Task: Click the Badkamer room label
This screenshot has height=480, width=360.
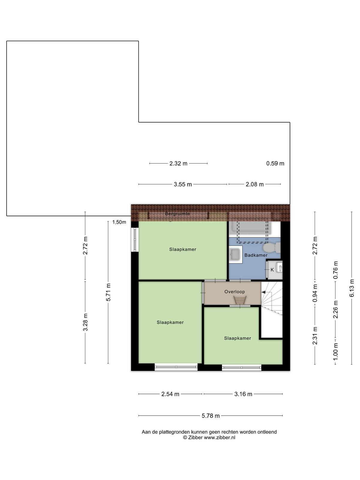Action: tap(256, 255)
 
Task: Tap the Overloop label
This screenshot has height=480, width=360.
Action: tap(235, 292)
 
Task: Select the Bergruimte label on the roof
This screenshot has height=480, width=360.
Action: tap(178, 214)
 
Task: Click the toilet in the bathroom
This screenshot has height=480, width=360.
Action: tap(271, 247)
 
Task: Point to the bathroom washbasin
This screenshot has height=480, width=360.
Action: tap(235, 254)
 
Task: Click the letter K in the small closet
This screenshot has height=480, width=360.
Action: tap(272, 270)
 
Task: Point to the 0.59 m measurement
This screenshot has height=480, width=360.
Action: tap(275, 163)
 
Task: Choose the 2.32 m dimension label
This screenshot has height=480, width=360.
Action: tap(178, 163)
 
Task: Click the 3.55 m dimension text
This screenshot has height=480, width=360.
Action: tap(183, 184)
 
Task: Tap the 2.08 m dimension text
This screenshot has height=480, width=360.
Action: tap(255, 184)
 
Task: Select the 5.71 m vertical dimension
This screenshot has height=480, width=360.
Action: tap(108, 292)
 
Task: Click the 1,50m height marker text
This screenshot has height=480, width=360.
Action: tap(119, 222)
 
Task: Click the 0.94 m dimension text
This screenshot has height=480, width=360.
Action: tap(315, 293)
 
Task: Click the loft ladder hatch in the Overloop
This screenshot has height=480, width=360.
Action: tap(240, 300)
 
